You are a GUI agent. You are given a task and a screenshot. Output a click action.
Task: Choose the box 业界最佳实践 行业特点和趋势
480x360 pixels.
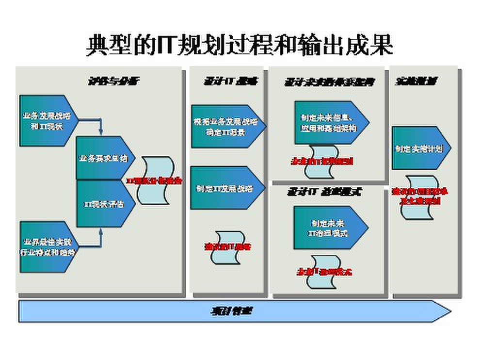tap(46, 246)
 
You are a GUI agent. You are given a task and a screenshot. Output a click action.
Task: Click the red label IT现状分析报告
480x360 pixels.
tap(154, 180)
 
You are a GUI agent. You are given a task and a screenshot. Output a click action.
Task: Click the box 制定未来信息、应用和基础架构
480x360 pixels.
tap(328, 123)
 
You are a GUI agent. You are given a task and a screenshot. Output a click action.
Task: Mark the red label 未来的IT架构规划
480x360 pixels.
tap(321, 162)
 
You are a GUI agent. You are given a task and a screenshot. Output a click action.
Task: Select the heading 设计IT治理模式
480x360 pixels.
tap(324, 192)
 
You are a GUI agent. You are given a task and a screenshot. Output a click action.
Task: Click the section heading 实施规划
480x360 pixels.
tap(416, 81)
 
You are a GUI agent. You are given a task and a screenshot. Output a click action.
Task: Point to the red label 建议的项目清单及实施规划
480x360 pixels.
tap(419, 196)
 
